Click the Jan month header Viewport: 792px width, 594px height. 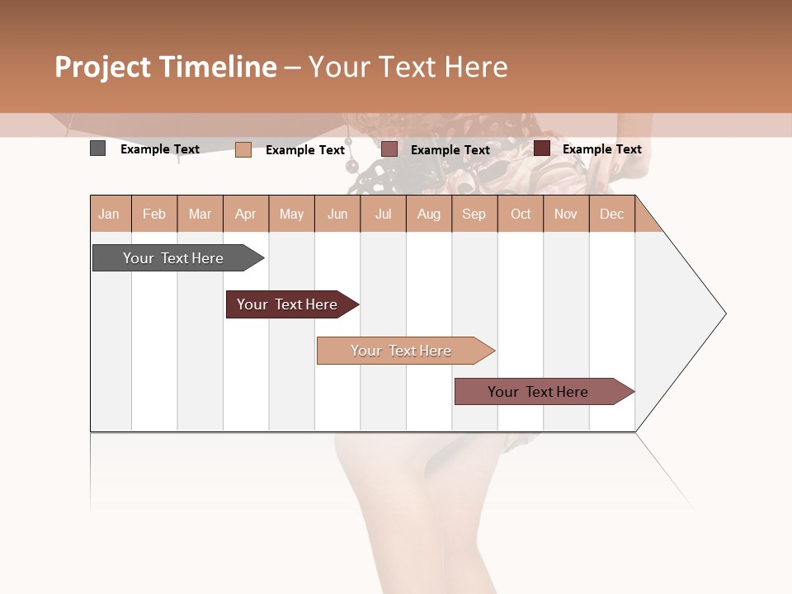coord(109,214)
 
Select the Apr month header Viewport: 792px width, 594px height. coord(246,214)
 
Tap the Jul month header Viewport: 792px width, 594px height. coord(384,214)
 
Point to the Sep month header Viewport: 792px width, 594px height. coord(474,214)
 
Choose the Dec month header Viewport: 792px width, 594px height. coord(611,214)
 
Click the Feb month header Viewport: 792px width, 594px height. coord(154,214)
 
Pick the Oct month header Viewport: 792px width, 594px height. coord(521,214)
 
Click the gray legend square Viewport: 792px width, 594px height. coord(98,148)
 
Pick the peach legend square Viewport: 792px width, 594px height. coord(243,149)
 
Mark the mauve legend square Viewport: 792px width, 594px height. coord(389,148)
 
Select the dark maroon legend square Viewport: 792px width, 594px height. coord(542,148)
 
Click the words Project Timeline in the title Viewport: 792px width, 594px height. coord(166,67)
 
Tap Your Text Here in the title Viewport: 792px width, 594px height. coord(408,67)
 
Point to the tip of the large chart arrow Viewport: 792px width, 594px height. coord(724,313)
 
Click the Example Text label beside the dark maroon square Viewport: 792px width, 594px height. coord(601,149)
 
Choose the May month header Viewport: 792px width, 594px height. coord(291,214)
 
